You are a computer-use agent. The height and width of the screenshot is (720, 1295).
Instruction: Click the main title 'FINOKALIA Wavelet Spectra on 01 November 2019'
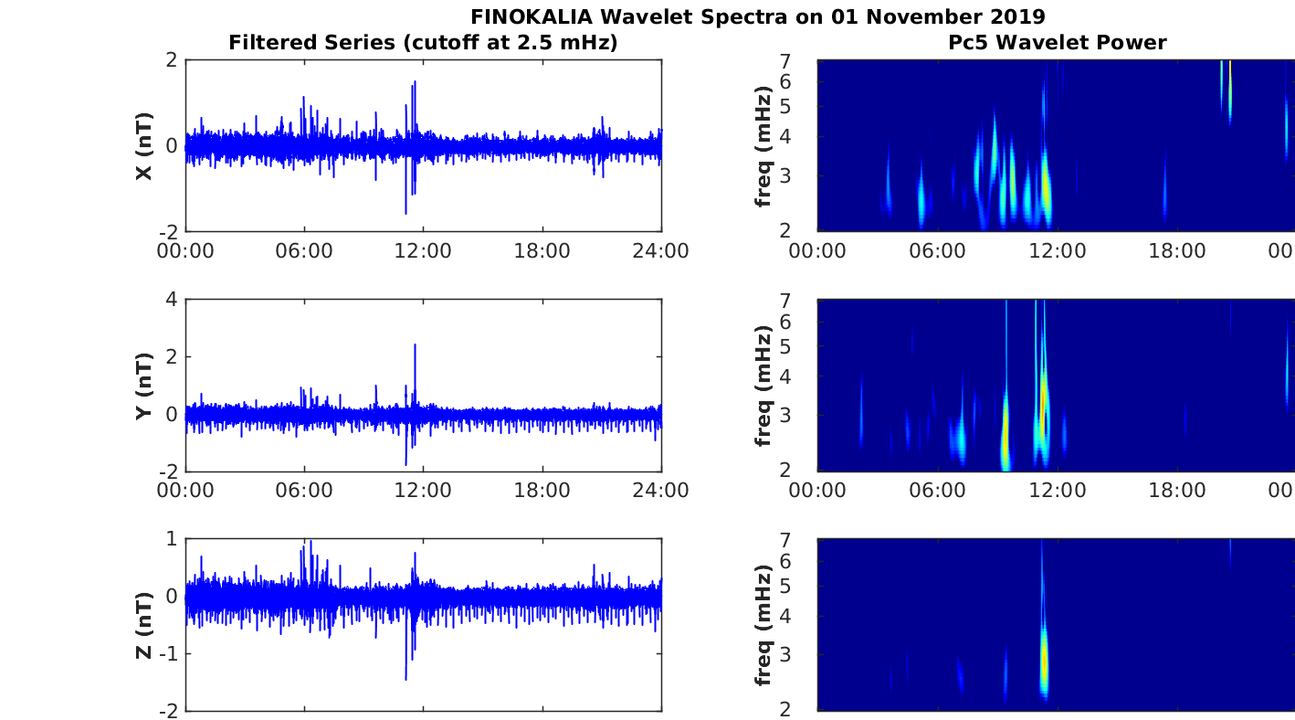tap(758, 16)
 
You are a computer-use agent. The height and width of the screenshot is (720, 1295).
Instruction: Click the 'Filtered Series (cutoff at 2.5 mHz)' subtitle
tap(423, 42)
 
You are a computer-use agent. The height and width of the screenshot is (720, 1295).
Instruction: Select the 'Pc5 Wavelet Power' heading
tap(1057, 42)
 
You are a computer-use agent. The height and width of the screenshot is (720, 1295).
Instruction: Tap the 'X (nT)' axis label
tap(144, 146)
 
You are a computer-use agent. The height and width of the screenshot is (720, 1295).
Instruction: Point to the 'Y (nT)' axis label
tap(144, 386)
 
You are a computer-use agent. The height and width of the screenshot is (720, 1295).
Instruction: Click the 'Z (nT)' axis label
tap(144, 625)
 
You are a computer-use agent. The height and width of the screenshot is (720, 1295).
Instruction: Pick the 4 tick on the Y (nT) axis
tap(171, 300)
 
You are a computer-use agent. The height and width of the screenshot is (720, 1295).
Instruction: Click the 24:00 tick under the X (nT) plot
tap(661, 251)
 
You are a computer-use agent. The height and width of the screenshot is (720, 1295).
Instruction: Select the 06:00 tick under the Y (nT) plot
tap(304, 491)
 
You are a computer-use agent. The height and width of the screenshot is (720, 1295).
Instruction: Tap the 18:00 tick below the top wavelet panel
tap(1176, 251)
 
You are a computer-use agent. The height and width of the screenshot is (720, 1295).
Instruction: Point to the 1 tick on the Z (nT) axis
tap(171, 539)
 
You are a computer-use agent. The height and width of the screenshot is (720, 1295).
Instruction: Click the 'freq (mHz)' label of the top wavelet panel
tap(764, 146)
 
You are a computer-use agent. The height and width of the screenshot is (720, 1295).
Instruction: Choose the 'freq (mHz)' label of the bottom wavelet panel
tap(764, 625)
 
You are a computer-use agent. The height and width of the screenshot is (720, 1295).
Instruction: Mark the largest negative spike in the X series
tap(405, 213)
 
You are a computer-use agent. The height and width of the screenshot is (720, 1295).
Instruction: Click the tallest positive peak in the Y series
tap(415, 345)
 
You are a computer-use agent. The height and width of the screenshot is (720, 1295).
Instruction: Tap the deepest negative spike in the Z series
tap(405, 679)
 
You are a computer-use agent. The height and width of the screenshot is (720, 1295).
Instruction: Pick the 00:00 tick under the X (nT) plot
tap(185, 251)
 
